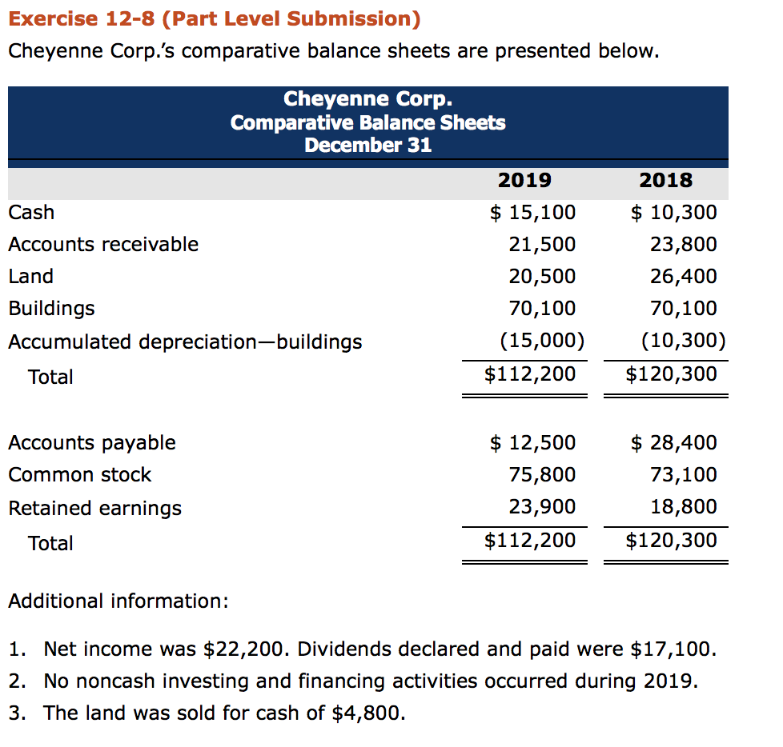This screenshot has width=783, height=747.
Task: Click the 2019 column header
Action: point(524,180)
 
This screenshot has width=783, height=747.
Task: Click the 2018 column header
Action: point(666,180)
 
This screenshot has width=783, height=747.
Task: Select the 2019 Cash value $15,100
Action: point(532,212)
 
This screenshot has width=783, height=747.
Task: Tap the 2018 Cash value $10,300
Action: point(674,212)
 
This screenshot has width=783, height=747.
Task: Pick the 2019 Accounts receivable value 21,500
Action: point(542,244)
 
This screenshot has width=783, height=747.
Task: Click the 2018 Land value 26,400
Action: point(684,276)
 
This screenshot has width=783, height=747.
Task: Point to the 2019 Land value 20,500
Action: point(542,276)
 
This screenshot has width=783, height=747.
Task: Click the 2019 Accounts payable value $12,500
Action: point(532,442)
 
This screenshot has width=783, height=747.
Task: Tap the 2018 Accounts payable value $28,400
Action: point(674,442)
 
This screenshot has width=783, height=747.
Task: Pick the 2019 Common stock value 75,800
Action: point(542,474)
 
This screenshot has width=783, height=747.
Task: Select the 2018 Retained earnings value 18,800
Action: point(684,506)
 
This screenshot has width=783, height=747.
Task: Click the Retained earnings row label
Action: point(94,508)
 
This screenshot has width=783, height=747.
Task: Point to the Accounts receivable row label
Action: point(103,244)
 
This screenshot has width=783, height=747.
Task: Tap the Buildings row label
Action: point(51,308)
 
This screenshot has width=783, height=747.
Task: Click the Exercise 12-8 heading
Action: point(214,18)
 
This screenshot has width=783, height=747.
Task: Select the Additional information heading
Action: point(118,601)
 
